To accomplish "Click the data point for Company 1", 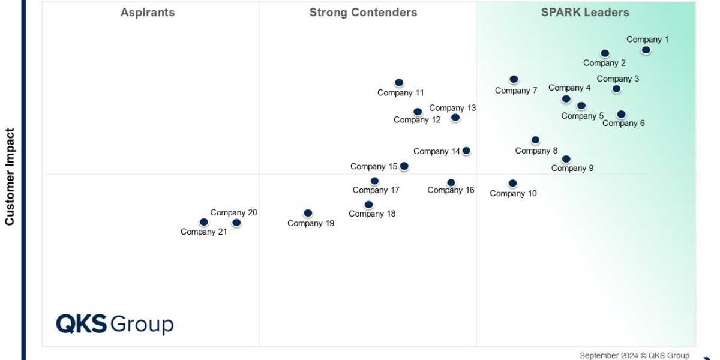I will coord(646,50).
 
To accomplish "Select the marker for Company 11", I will coord(399,83).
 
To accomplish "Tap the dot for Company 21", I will coord(204,222).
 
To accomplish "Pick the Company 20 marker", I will coord(236,223).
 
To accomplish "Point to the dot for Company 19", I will coord(308,213).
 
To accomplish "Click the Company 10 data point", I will coord(512,184).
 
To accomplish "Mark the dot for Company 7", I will coord(514,79).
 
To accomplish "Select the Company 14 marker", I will coord(466,151).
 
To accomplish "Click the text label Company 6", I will coord(623,124).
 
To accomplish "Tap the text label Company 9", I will coord(572,168).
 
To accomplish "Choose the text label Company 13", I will coord(452,108).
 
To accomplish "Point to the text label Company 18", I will coord(372,214).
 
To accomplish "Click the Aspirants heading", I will coord(148,13).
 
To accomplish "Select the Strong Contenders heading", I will coord(363,13).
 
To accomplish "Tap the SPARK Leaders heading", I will coord(585,13).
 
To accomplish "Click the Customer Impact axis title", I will coord(10,176).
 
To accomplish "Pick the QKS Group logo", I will coord(115,324).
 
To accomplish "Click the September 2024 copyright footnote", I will coord(634,355).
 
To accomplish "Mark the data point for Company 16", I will coord(451,183).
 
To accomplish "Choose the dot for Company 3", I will coord(616,89).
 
